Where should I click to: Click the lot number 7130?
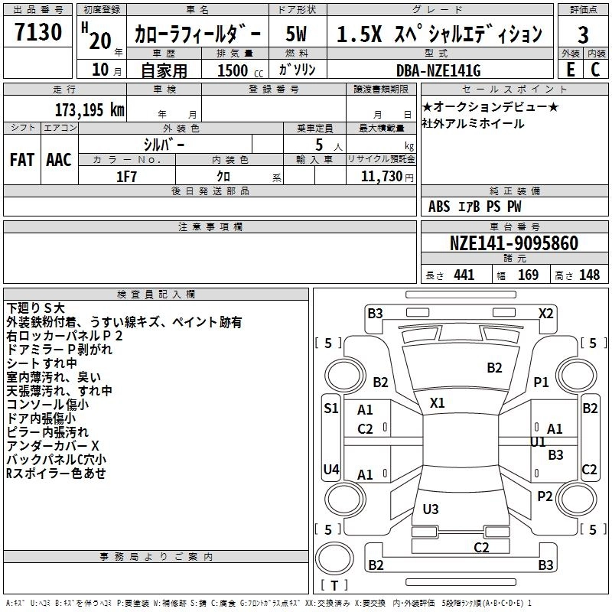coord(38,34)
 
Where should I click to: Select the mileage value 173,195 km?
coord(90,110)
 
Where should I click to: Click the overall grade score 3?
coord(583,34)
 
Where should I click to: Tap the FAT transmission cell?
coord(21,160)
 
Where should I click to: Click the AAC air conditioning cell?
coord(58,160)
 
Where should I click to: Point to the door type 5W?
coord(298,34)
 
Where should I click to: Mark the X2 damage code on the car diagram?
coord(545,313)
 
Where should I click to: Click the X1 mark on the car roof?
coord(438,402)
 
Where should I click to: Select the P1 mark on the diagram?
coord(542,382)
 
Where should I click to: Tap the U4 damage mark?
coord(331,469)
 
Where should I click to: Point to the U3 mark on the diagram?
coord(431,509)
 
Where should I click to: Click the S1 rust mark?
coord(331,409)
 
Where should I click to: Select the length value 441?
coord(464,275)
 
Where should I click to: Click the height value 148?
coord(589,275)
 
